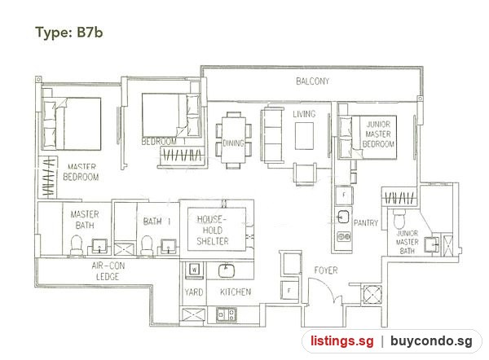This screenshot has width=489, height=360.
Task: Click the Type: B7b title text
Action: pyautogui.click(x=69, y=33)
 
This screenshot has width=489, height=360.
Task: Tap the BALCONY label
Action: pyautogui.click(x=312, y=81)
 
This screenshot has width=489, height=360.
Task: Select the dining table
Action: pyautogui.click(x=234, y=139)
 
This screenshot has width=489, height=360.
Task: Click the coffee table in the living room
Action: pyautogui.click(x=304, y=136)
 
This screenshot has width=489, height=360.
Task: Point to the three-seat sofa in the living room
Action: pyautogui.click(x=272, y=135)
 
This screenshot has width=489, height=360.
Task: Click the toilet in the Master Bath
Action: pyautogui.click(x=76, y=245)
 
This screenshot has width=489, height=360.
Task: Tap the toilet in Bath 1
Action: pyautogui.click(x=147, y=245)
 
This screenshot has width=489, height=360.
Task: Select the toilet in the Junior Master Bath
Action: pyautogui.click(x=399, y=219)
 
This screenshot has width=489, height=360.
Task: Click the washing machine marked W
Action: pyautogui.click(x=194, y=270)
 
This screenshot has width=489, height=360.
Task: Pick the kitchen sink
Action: pyautogui.click(x=227, y=271)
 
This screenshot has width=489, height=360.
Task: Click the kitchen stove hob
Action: pyautogui.click(x=227, y=314)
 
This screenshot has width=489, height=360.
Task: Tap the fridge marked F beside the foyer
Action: pyautogui.click(x=289, y=291)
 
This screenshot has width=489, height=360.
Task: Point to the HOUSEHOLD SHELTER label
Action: pyautogui.click(x=213, y=230)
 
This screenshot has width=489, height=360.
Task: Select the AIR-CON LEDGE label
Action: pyautogui.click(x=108, y=271)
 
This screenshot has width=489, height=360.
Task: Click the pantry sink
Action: pyautogui.click(x=343, y=217)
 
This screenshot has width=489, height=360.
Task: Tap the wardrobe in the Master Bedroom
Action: pyautogui.click(x=48, y=178)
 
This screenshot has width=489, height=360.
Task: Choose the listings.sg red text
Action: pyautogui.click(x=341, y=341)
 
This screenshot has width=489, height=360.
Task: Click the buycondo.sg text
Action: pyautogui.click(x=431, y=341)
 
